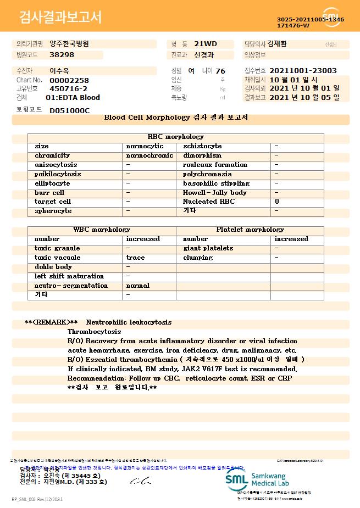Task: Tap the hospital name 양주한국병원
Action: pos(69,43)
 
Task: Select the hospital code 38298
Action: pos(62,55)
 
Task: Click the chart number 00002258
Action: pos(69,80)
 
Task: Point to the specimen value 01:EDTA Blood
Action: pos(73,97)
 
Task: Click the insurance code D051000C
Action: pos(69,110)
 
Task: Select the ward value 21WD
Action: pos(202,43)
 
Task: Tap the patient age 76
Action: pos(220,71)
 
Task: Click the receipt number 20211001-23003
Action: pos(303,71)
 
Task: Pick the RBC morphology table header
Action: pos(176,137)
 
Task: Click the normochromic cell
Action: pos(149,155)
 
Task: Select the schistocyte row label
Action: pos(202,146)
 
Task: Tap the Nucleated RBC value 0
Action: pos(277,202)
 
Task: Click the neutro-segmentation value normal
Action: pos(138,286)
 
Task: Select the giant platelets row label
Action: pos(208,248)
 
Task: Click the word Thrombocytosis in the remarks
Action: pos(94,332)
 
